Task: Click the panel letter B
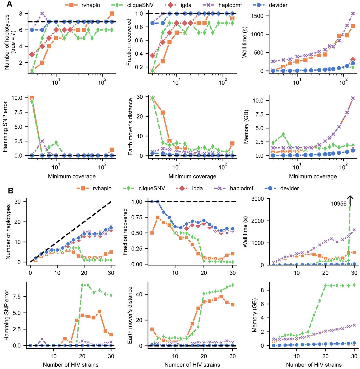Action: point(10,191)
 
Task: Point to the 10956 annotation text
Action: point(338,204)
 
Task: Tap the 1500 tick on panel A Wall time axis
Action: point(257,16)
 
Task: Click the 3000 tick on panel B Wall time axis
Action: point(258,199)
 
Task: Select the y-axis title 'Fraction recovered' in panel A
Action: point(129,42)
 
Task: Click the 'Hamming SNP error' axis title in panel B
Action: point(7,315)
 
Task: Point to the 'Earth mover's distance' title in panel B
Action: point(130,315)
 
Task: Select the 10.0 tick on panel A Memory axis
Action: point(258,100)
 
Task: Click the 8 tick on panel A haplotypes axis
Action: point(20,14)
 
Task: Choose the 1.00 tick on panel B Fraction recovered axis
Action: point(137,202)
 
